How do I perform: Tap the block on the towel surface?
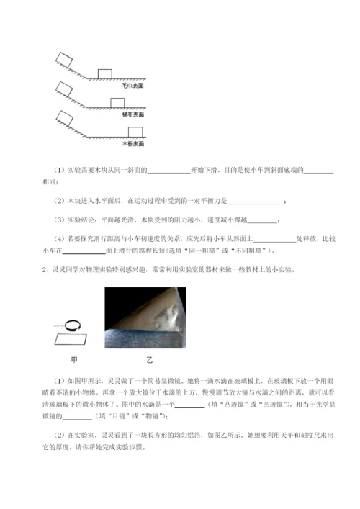point(105,73)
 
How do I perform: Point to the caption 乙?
point(150,358)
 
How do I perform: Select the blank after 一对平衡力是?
point(256,200)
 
